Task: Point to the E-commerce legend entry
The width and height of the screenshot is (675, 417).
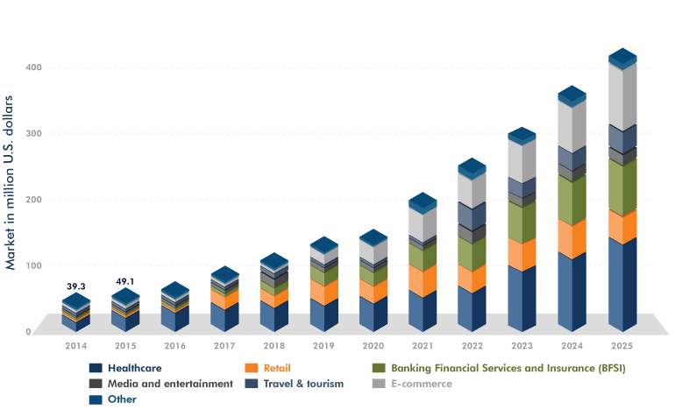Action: tap(422, 384)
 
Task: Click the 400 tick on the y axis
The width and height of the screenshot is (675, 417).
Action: tap(30, 67)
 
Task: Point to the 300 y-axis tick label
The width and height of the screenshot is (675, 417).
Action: tap(30, 133)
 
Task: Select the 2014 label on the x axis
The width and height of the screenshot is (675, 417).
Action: tap(75, 346)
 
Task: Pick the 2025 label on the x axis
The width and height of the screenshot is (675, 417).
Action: tap(623, 346)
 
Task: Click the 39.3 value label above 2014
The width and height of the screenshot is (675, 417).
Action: tap(76, 286)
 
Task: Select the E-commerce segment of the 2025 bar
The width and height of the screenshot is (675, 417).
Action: tap(622, 96)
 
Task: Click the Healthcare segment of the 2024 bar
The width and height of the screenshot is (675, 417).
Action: tap(572, 289)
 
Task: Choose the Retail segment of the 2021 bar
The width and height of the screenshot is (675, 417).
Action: tap(423, 279)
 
